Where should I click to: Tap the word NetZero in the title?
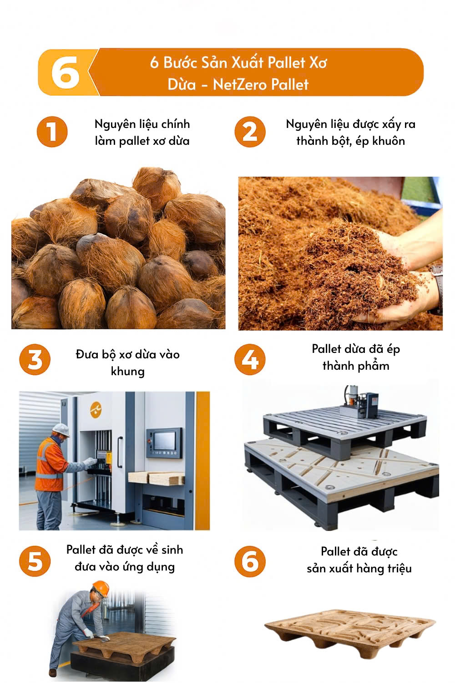(x=240, y=84)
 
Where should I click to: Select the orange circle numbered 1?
(x=52, y=132)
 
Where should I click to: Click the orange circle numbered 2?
(x=250, y=132)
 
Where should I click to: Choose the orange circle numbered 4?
(x=250, y=360)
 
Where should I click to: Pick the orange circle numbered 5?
(x=35, y=561)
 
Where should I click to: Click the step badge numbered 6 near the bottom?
(x=250, y=561)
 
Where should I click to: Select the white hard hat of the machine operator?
(x=61, y=430)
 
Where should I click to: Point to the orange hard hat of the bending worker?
(x=101, y=588)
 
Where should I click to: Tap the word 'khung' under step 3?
(x=128, y=372)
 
